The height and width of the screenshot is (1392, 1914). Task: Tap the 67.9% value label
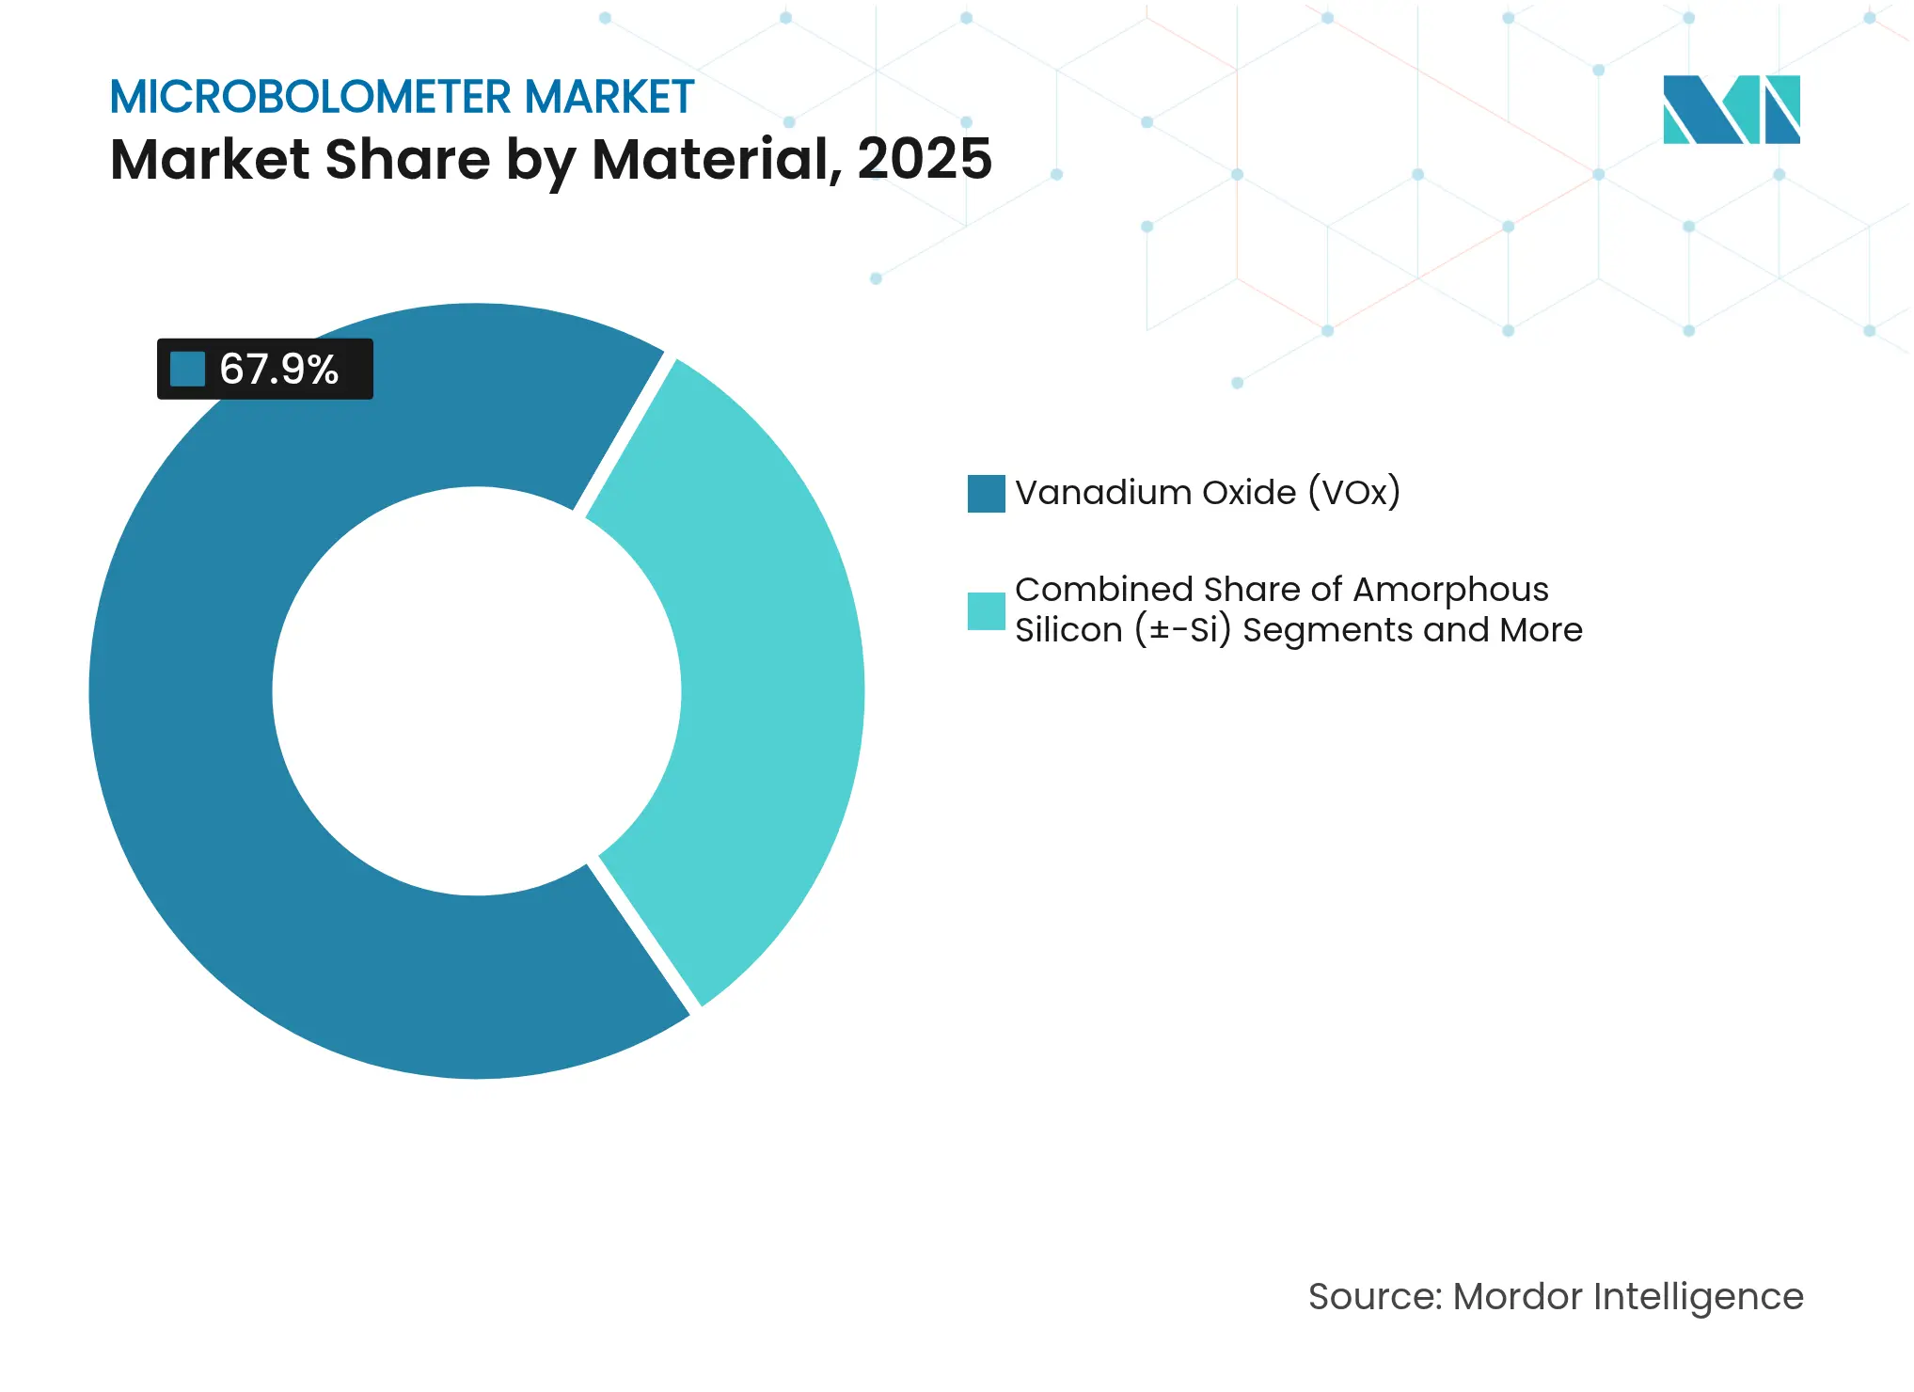(278, 369)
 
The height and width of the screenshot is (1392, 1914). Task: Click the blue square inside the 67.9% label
(187, 369)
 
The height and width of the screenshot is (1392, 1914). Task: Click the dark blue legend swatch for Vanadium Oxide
(986, 493)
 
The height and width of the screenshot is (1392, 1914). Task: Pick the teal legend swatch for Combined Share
(986, 610)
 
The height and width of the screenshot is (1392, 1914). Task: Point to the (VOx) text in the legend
(1354, 493)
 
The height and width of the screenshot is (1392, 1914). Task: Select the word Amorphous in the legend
(1450, 590)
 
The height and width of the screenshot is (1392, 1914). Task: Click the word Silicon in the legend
(1068, 630)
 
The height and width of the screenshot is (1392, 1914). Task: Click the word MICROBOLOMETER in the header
(310, 97)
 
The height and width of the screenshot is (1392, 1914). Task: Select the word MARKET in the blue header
(609, 97)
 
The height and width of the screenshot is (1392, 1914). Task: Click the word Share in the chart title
(407, 158)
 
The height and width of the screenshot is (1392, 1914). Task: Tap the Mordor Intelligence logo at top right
(1731, 109)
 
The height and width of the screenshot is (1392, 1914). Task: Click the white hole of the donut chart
(477, 691)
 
